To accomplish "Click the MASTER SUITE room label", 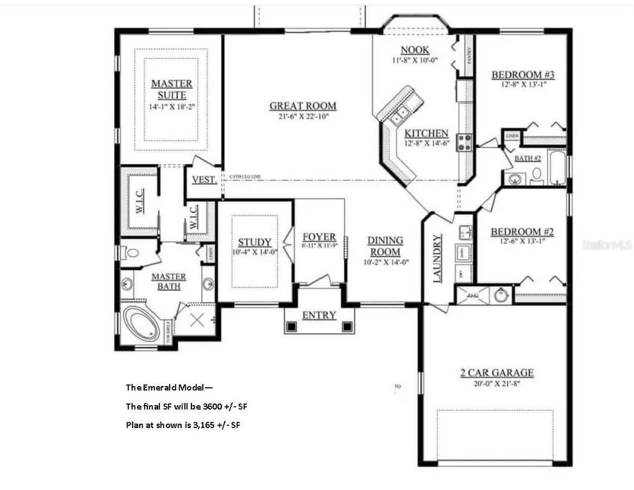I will coord(171,89).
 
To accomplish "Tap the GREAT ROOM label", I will coord(302,106).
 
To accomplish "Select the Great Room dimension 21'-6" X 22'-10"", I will coord(302,117).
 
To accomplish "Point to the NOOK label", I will coord(415,50).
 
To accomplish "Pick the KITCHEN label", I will coord(427,133).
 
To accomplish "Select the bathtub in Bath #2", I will coord(557,168).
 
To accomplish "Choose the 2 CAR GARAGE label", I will coord(497,373).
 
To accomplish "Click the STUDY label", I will coord(254,242).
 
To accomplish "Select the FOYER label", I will coord(319,237).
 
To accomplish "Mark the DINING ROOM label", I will coord(385,246).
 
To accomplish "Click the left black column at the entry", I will coord(291,327).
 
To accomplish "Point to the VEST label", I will coord(203,180).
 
